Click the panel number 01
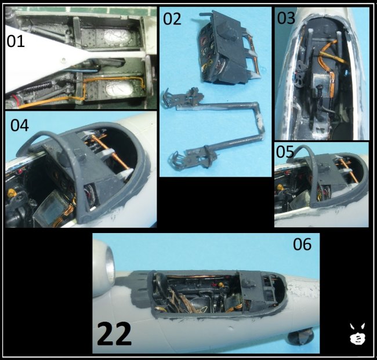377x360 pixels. tap(16, 41)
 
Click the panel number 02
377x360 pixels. tap(172, 19)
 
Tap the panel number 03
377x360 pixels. tap(286, 17)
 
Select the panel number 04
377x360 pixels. tap(20, 125)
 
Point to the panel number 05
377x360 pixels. tap(285, 152)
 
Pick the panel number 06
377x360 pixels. tap(302, 244)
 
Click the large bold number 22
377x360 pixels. tap(114, 334)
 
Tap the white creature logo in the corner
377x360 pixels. tap(357, 333)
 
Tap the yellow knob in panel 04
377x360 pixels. tap(11, 192)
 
